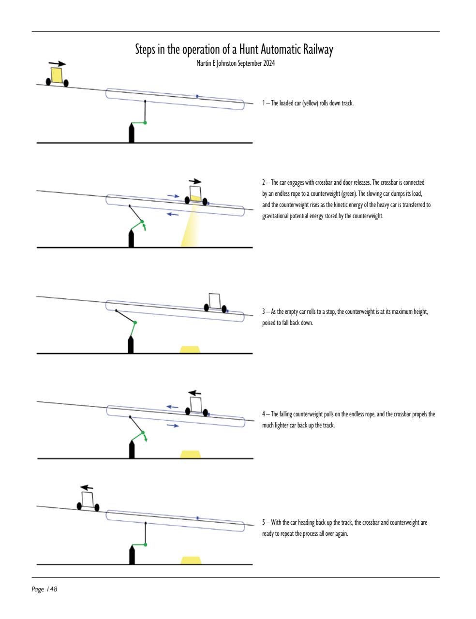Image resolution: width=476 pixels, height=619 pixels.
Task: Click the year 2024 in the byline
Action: (268, 63)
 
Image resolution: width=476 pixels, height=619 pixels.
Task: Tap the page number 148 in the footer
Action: (52, 589)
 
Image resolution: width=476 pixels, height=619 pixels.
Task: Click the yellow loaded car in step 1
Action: (57, 76)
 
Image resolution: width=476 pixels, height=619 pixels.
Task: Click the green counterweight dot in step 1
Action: (145, 123)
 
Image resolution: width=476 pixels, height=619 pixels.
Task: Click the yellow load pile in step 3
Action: (191, 349)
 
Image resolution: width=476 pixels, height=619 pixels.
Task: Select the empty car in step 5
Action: (88, 501)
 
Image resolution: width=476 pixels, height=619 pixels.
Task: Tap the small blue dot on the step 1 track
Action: (197, 96)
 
